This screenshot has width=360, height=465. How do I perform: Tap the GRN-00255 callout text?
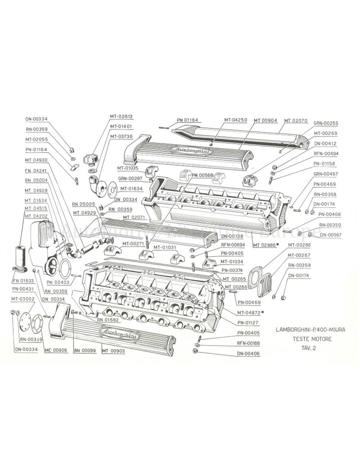point(325,123)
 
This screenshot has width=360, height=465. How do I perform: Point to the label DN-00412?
point(325,143)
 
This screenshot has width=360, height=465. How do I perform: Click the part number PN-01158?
point(325,164)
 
